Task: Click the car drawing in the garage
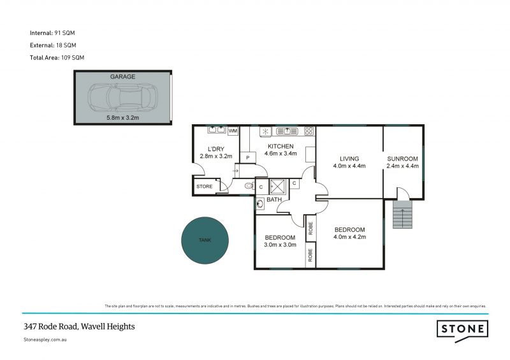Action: click(x=122, y=97)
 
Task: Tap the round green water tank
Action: click(x=205, y=240)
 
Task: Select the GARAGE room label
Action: click(x=122, y=76)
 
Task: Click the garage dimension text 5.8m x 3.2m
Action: click(x=122, y=118)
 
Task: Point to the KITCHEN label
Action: click(x=280, y=146)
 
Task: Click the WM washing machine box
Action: click(x=233, y=131)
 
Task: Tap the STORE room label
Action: click(x=204, y=187)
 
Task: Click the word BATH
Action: click(x=274, y=200)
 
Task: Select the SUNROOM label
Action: click(x=402, y=159)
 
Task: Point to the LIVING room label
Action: click(x=349, y=159)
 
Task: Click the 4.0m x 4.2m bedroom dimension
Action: click(x=349, y=237)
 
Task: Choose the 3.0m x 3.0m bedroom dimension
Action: click(x=280, y=245)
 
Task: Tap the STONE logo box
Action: click(x=463, y=329)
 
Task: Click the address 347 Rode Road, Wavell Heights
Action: click(x=79, y=326)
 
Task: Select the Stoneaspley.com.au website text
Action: click(x=45, y=340)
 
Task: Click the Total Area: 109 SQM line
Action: click(x=57, y=57)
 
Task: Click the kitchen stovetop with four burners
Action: click(x=309, y=131)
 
